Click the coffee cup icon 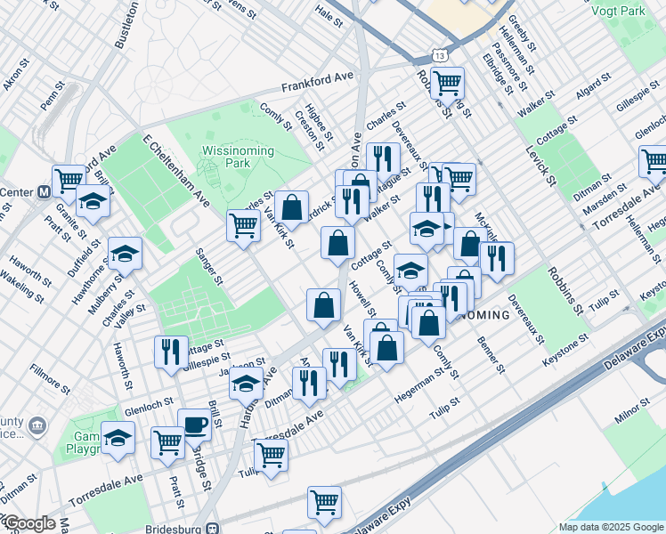pos(193,424)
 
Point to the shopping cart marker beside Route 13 pos(447,83)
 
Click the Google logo pos(28,524)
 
